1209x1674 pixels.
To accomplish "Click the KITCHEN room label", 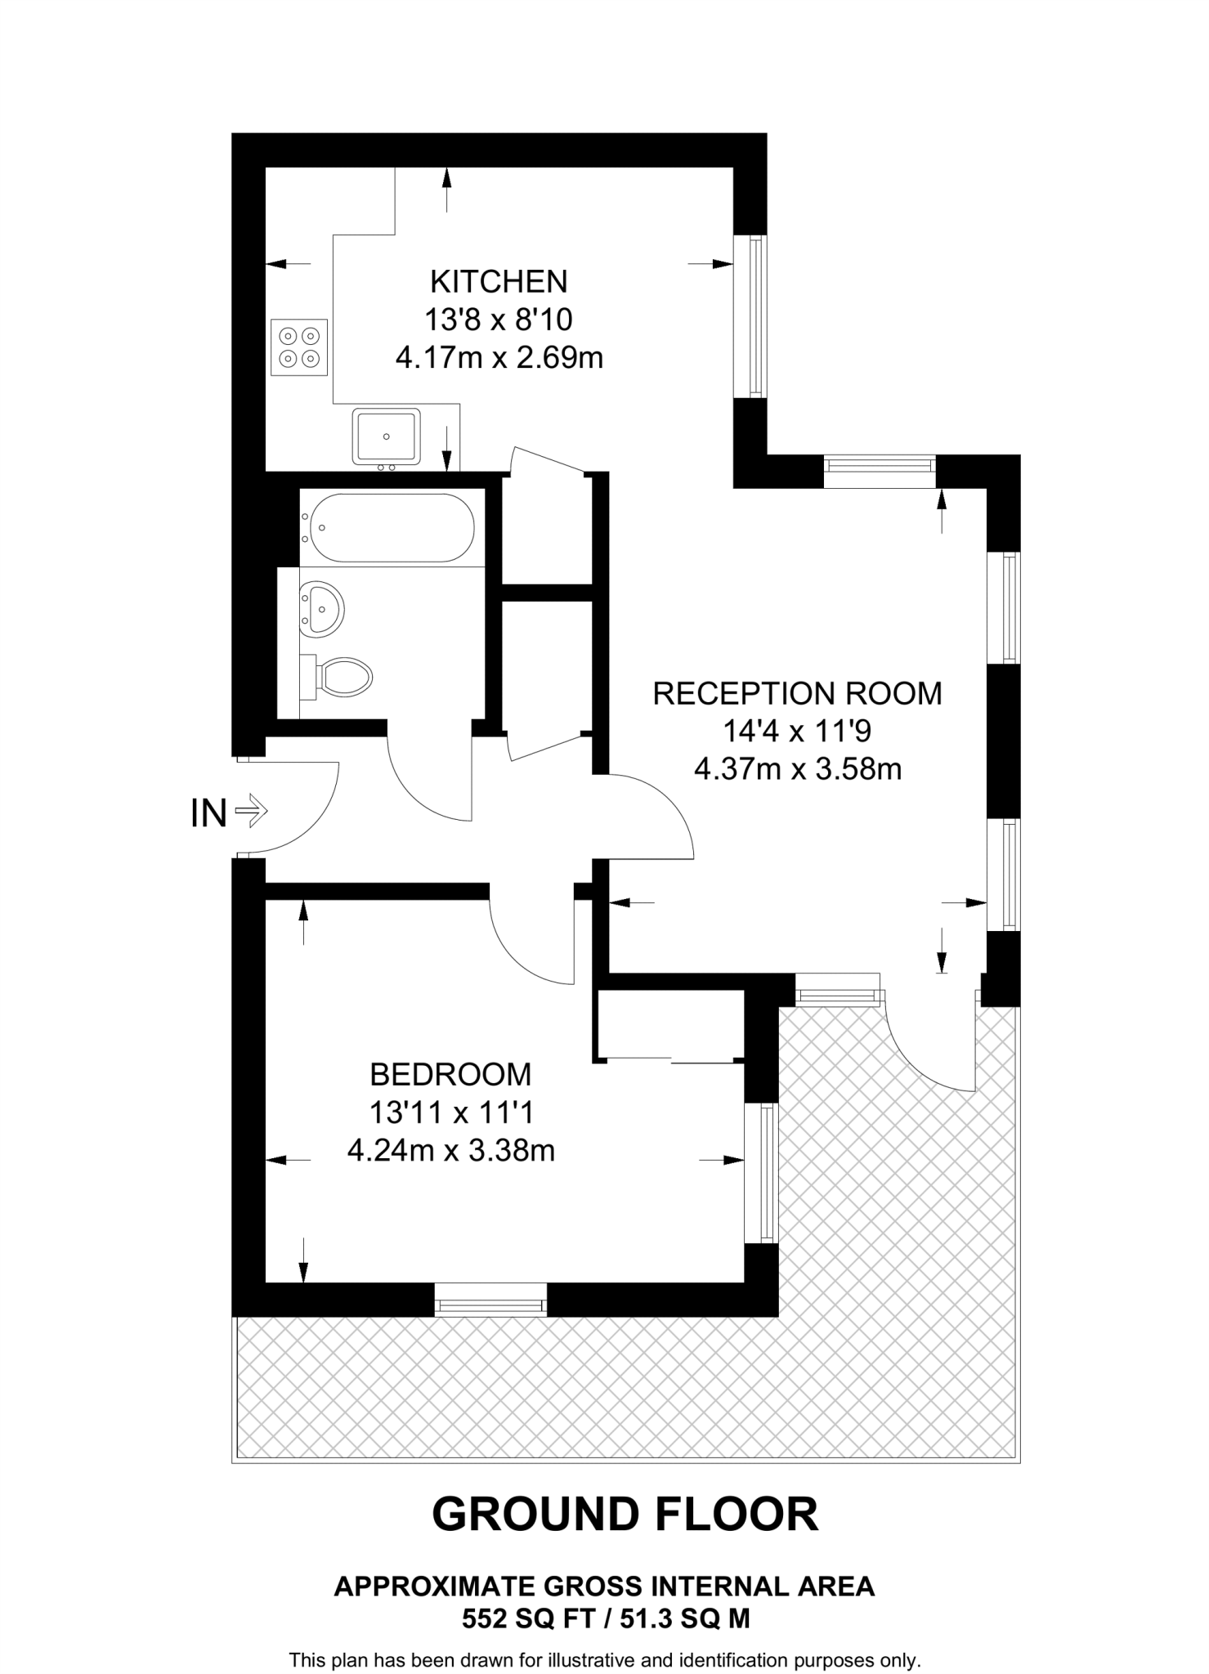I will (x=499, y=281).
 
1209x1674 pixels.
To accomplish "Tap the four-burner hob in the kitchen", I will (x=299, y=347).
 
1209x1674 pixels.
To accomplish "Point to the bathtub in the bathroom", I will (x=387, y=527).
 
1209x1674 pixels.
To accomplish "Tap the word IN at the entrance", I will (x=208, y=814).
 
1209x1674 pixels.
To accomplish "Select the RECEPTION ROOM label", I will (x=797, y=693).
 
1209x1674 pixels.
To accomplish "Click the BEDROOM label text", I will (x=450, y=1074).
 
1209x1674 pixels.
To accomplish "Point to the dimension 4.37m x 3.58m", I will (x=797, y=769).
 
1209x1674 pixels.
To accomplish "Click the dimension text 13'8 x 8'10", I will (x=499, y=320).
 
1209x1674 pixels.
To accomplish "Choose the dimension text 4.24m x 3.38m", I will (x=451, y=1151).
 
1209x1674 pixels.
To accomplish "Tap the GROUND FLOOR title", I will (x=625, y=1514).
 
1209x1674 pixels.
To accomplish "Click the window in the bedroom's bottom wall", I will (x=490, y=1299).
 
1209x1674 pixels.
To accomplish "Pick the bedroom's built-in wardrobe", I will (x=670, y=1025).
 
